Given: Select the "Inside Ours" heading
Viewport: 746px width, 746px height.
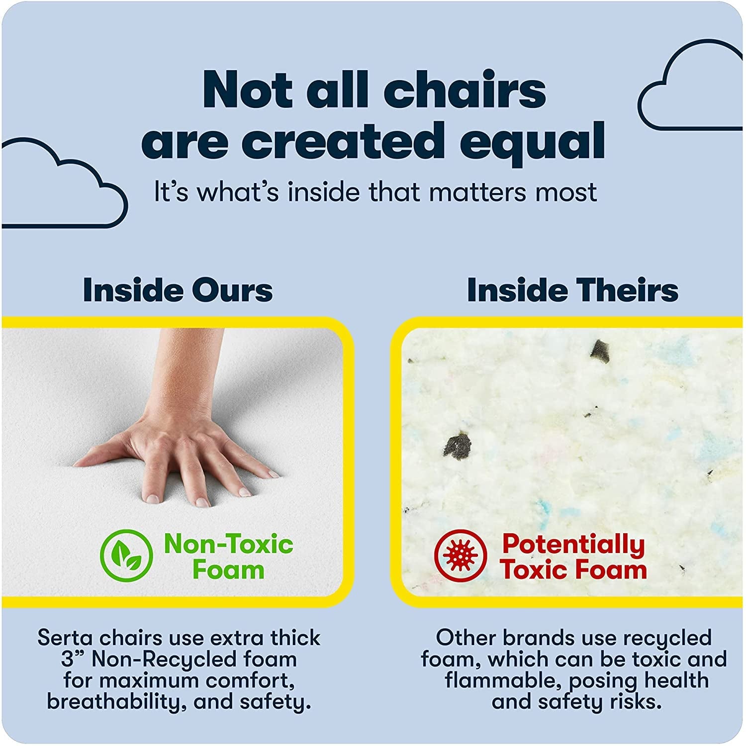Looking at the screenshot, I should click(178, 290).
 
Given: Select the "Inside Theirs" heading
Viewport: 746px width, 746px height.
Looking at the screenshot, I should click(572, 290).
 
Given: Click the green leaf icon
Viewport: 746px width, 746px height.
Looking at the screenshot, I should click(126, 556).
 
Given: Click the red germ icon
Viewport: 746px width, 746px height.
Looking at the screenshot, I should click(460, 556).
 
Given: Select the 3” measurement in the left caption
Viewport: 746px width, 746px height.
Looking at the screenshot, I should click(73, 659).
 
